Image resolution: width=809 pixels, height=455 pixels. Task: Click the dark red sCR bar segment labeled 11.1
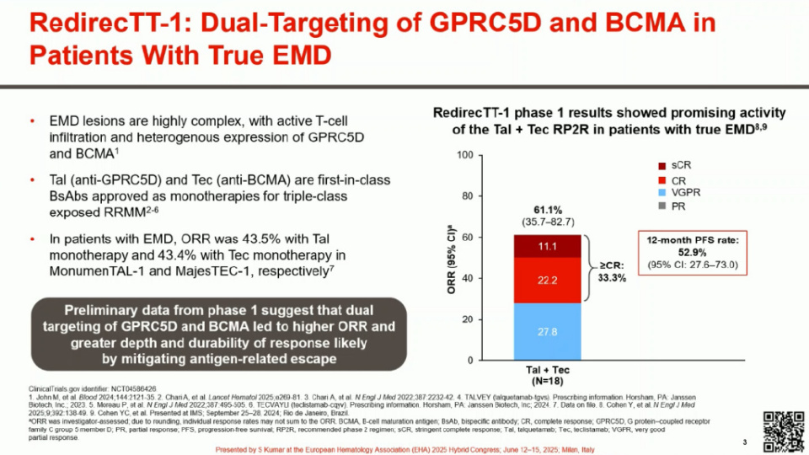(547, 245)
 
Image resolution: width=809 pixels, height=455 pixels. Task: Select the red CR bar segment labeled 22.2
(547, 279)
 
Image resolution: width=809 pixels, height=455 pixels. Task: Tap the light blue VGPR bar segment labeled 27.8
(547, 332)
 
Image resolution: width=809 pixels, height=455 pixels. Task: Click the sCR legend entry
(675, 164)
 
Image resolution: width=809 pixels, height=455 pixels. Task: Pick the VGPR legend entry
(679, 193)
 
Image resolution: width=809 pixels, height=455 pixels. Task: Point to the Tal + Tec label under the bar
(546, 369)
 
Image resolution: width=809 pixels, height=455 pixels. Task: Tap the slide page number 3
(745, 443)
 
